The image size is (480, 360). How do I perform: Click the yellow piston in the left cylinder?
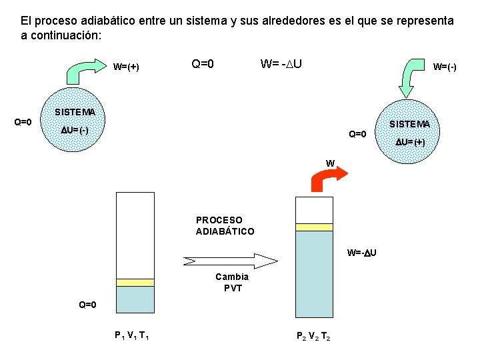[x=135, y=283]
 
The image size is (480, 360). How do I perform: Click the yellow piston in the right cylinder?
[x=314, y=227]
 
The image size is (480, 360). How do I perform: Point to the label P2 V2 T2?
[x=313, y=336]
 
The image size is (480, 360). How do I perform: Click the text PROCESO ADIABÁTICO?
[x=225, y=225]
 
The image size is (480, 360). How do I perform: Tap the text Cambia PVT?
[x=232, y=282]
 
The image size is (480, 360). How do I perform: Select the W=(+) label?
[x=126, y=67]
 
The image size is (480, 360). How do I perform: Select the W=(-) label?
[x=445, y=67]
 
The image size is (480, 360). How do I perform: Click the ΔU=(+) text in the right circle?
[x=410, y=142]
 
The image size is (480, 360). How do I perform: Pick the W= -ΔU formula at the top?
[x=282, y=64]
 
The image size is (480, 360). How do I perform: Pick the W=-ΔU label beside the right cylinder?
[x=362, y=252]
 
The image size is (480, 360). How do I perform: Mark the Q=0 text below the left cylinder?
[x=87, y=305]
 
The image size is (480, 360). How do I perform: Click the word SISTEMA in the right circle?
[x=409, y=125]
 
